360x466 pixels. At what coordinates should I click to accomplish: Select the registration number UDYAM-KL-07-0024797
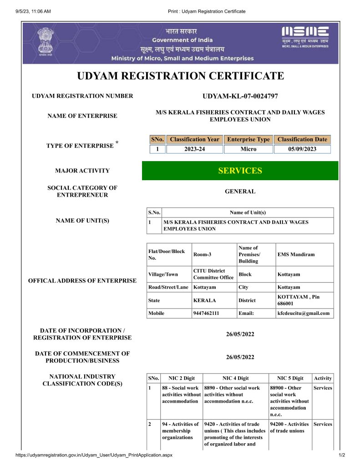pyautogui.click(x=240, y=96)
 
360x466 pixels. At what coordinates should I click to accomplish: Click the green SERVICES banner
pyautogui.click(x=240, y=171)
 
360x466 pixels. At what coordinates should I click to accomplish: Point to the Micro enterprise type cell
pyautogui.click(x=248, y=149)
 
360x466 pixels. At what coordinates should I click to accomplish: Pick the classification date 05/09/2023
pyautogui.click(x=302, y=149)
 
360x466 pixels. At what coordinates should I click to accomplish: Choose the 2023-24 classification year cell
pyautogui.click(x=194, y=149)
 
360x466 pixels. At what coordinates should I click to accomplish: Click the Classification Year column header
pyautogui.click(x=194, y=139)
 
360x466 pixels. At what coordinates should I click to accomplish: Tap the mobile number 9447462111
pyautogui.click(x=206, y=313)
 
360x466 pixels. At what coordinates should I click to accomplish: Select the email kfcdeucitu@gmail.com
pyautogui.click(x=303, y=313)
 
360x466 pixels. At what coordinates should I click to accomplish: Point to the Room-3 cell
pyautogui.click(x=203, y=254)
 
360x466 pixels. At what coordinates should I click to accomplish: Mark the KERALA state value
pyautogui.click(x=205, y=300)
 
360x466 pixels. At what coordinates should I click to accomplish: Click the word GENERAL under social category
pyautogui.click(x=240, y=192)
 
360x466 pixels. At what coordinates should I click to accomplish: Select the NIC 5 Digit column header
pyautogui.click(x=289, y=378)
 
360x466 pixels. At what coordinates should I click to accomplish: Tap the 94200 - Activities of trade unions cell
pyautogui.click(x=289, y=427)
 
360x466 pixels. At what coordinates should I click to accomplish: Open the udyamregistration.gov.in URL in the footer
pyautogui.click(x=94, y=455)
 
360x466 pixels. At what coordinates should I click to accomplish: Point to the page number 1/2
pyautogui.click(x=342, y=455)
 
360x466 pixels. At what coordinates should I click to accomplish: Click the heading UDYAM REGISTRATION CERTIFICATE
pyautogui.click(x=181, y=76)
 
